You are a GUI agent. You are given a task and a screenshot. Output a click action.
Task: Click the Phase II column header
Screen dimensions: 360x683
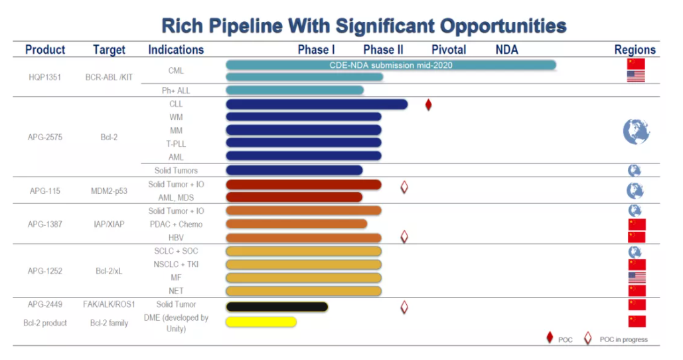point(383,50)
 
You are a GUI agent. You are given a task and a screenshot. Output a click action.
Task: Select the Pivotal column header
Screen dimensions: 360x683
point(449,50)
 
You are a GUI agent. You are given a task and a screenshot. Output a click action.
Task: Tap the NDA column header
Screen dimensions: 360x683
point(506,50)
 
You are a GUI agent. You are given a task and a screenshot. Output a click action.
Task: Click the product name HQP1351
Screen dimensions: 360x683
point(45,77)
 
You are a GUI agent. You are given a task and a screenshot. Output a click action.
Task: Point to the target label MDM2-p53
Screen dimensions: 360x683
point(109,191)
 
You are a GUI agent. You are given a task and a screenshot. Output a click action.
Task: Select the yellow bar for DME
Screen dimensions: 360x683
point(261,322)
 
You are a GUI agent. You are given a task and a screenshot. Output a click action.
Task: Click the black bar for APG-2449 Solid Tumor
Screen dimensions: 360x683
point(277,307)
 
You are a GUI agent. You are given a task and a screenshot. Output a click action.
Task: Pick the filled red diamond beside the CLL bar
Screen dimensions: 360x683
point(428,105)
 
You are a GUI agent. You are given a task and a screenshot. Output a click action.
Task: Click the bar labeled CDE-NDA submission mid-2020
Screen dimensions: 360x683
point(390,64)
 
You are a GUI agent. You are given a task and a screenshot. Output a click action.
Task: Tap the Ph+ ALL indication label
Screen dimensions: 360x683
point(176,90)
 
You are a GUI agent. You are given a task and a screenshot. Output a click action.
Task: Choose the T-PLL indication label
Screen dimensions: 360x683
point(176,143)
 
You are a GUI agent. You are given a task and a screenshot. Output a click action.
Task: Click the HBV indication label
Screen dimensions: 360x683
point(176,238)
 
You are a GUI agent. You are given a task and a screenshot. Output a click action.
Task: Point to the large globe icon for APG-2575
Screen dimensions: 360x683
point(635,131)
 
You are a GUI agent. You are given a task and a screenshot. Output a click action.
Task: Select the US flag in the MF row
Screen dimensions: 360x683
point(636,278)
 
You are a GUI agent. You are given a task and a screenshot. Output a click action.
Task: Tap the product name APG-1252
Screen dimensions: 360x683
point(45,271)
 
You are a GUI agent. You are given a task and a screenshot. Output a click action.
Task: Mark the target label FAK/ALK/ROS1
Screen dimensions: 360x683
point(109,305)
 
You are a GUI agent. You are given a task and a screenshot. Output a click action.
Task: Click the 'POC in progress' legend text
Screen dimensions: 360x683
point(624,339)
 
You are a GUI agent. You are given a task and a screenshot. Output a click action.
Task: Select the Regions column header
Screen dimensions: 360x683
point(635,50)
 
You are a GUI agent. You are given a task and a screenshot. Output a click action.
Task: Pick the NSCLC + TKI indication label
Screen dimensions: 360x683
point(176,264)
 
